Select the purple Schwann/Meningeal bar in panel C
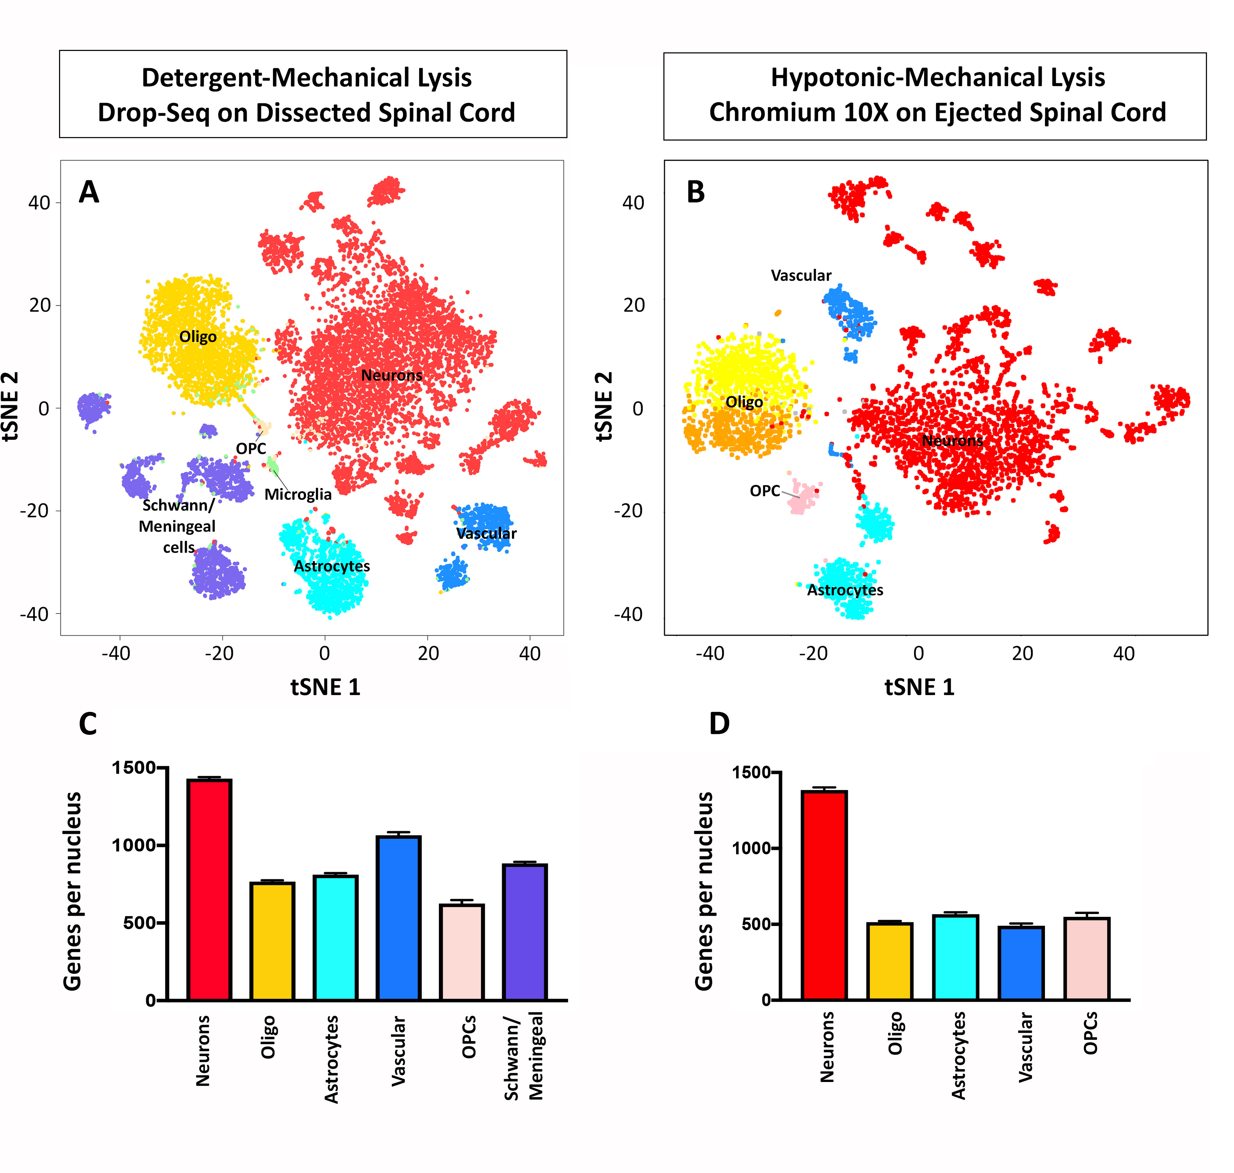point(525,932)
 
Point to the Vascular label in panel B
point(801,276)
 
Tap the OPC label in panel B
point(765,491)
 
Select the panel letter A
point(89,192)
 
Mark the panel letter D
point(719,724)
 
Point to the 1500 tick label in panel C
point(133,768)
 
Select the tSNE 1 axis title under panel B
point(919,687)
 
